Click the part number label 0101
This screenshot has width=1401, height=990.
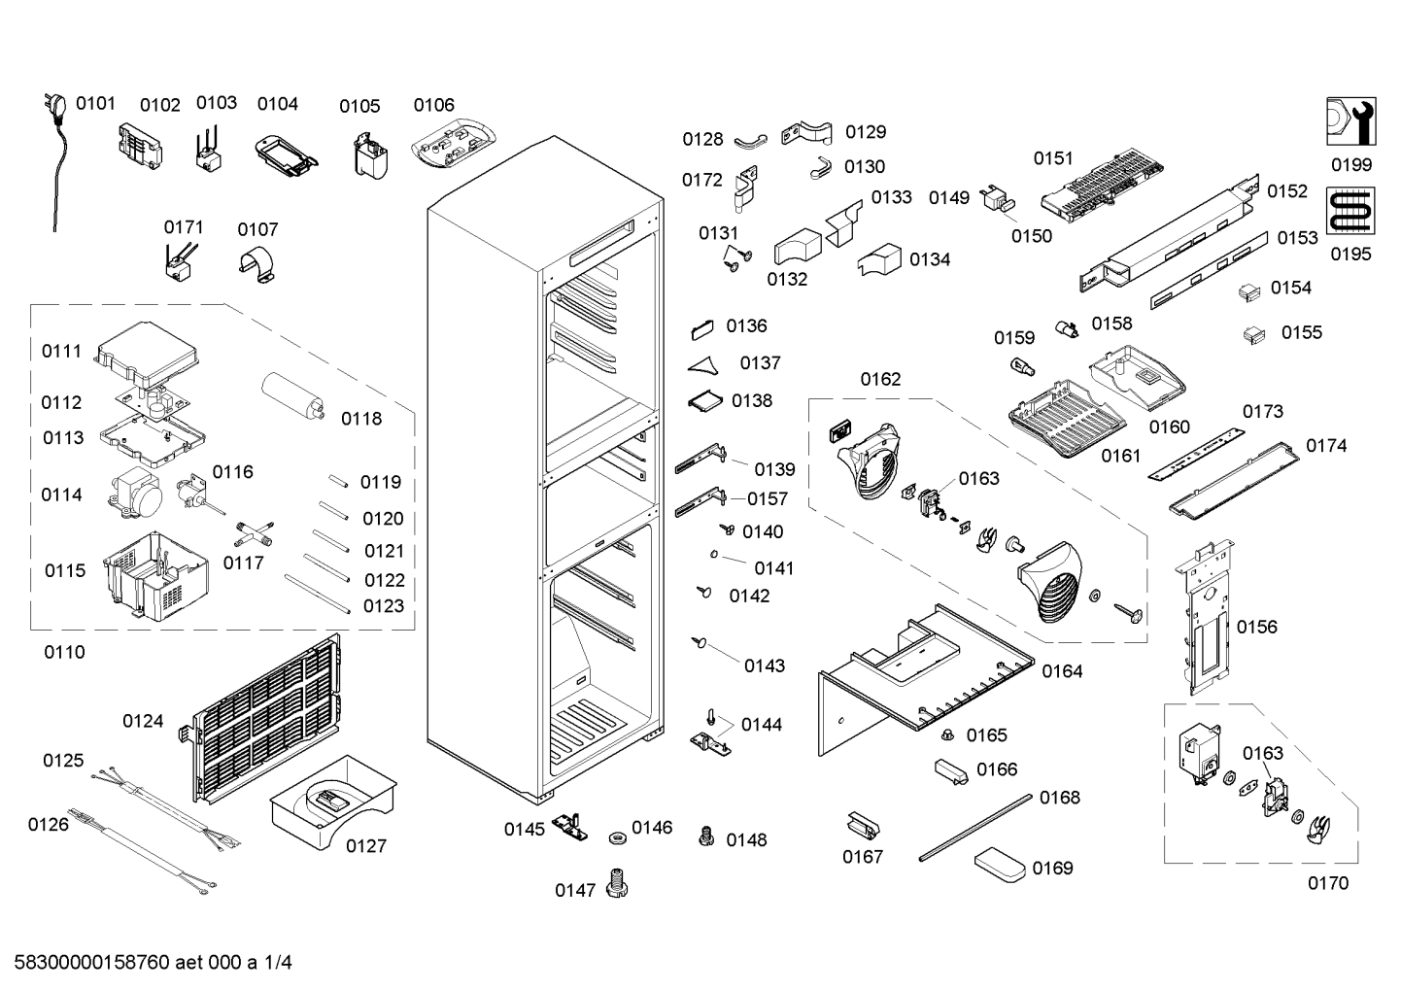click(95, 103)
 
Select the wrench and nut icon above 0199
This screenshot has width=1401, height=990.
click(1350, 121)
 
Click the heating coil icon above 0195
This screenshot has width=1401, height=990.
click(1350, 211)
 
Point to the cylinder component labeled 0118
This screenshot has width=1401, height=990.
click(292, 394)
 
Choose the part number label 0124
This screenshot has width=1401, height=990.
click(143, 721)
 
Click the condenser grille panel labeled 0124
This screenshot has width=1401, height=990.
click(267, 718)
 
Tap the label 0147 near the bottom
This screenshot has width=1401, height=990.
click(575, 890)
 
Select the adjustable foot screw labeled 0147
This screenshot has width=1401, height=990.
click(617, 882)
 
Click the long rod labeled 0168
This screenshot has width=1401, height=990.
click(975, 828)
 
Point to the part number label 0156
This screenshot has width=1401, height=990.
click(1257, 627)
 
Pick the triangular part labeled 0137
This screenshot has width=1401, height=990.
click(703, 365)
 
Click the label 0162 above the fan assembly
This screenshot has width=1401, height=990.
click(880, 379)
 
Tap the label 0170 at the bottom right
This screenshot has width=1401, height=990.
click(1328, 883)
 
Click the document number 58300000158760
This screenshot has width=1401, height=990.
click(92, 963)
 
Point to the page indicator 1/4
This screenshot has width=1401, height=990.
click(277, 963)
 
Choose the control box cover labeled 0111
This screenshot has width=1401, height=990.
click(148, 355)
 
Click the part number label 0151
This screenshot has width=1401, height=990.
click(1053, 158)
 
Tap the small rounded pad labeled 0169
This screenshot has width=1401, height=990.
click(1000, 865)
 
